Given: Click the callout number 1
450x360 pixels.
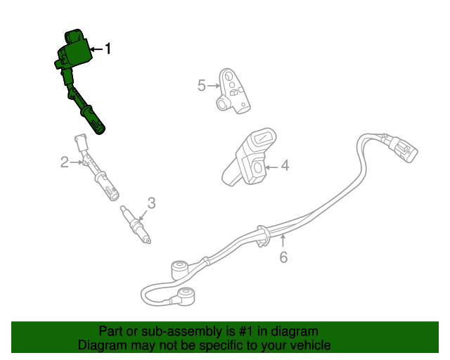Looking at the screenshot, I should [108, 49].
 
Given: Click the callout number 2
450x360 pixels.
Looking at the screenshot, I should [64, 163].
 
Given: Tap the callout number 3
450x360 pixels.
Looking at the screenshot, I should [151, 204].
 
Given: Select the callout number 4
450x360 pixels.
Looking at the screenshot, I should [284, 167].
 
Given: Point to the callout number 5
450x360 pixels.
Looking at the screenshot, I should [201, 86].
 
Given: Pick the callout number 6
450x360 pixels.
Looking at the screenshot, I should [283, 257].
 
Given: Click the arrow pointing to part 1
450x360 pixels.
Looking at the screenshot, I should [96, 49].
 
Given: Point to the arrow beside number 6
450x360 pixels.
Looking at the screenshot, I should [283, 243].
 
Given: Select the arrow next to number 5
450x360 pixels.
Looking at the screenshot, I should [214, 86].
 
